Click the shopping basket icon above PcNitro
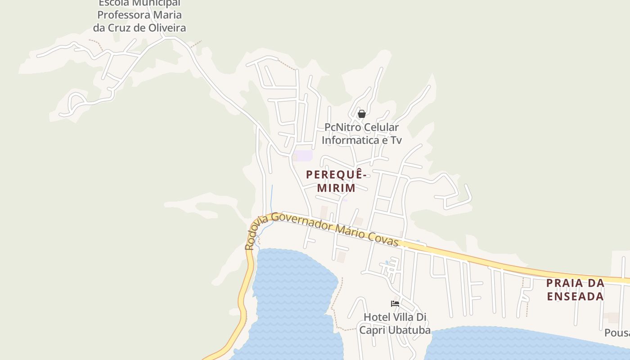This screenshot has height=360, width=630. (x=361, y=114)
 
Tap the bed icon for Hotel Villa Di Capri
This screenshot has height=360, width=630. (x=395, y=304)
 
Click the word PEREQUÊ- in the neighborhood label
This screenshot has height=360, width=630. (x=336, y=174)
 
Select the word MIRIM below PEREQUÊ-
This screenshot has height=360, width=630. (x=336, y=188)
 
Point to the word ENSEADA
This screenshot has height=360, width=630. (x=575, y=297)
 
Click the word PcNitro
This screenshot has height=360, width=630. (x=342, y=128)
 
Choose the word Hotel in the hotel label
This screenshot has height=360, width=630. (x=376, y=317)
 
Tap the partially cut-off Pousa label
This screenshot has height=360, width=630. (x=617, y=333)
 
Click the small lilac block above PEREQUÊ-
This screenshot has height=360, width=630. (x=304, y=156)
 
